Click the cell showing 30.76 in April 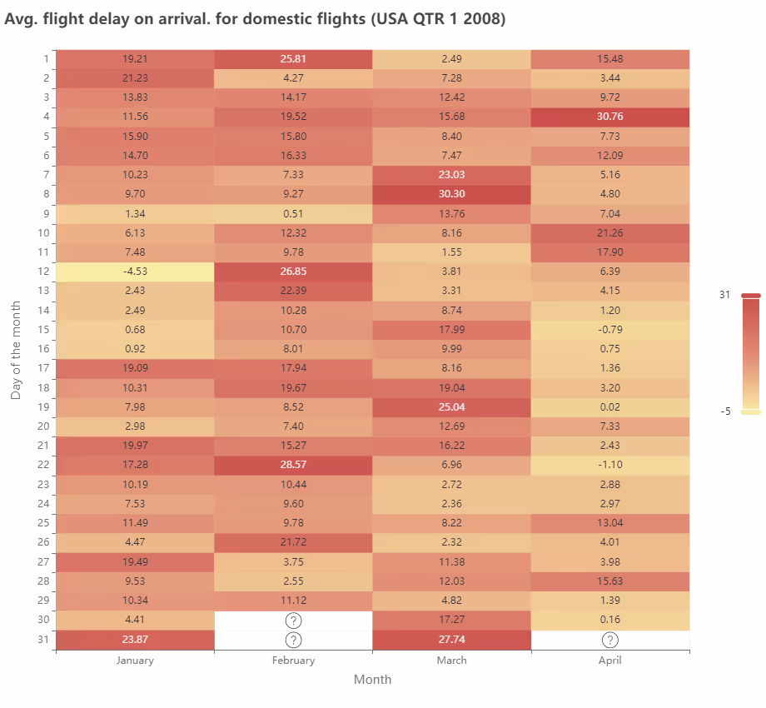pyautogui.click(x=610, y=117)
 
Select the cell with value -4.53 pyautogui.click(x=135, y=272)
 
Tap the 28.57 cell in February pyautogui.click(x=293, y=465)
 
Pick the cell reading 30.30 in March pyautogui.click(x=451, y=194)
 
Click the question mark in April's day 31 pyautogui.click(x=610, y=640)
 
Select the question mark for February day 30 pyautogui.click(x=293, y=620)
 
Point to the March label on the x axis pyautogui.click(x=451, y=660)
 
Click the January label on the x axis pyautogui.click(x=135, y=660)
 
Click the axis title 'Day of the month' pyautogui.click(x=16, y=350)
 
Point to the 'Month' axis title pyautogui.click(x=372, y=679)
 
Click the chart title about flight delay pyautogui.click(x=255, y=19)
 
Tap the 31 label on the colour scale pyautogui.click(x=724, y=295)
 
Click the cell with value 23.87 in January pyautogui.click(x=135, y=640)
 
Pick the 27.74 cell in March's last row pyautogui.click(x=451, y=640)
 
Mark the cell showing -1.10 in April pyautogui.click(x=610, y=465)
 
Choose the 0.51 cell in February pyautogui.click(x=293, y=213)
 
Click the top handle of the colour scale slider pyautogui.click(x=751, y=295)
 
